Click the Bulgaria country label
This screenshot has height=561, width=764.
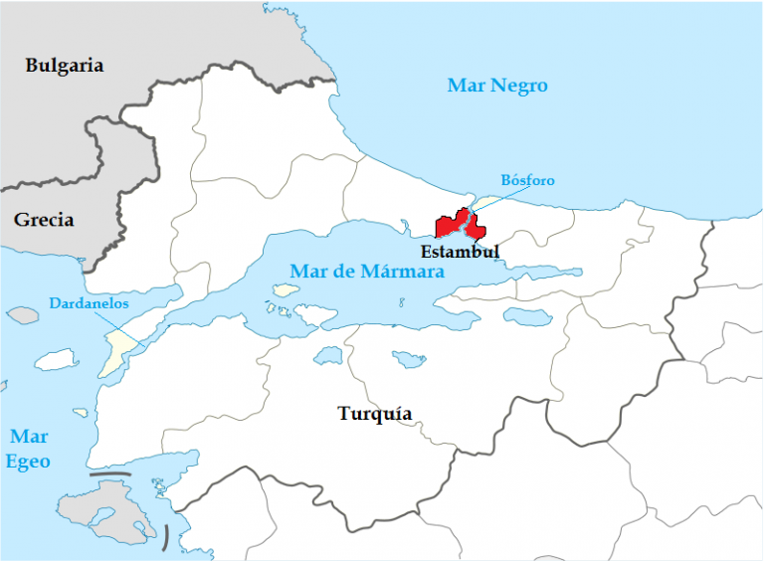click(x=65, y=66)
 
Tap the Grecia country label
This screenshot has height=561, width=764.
click(x=44, y=220)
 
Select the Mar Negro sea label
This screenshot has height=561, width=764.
click(x=497, y=86)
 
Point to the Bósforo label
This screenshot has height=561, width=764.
click(x=527, y=180)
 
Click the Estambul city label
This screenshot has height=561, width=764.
click(x=460, y=252)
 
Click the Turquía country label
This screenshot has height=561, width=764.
click(x=374, y=414)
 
